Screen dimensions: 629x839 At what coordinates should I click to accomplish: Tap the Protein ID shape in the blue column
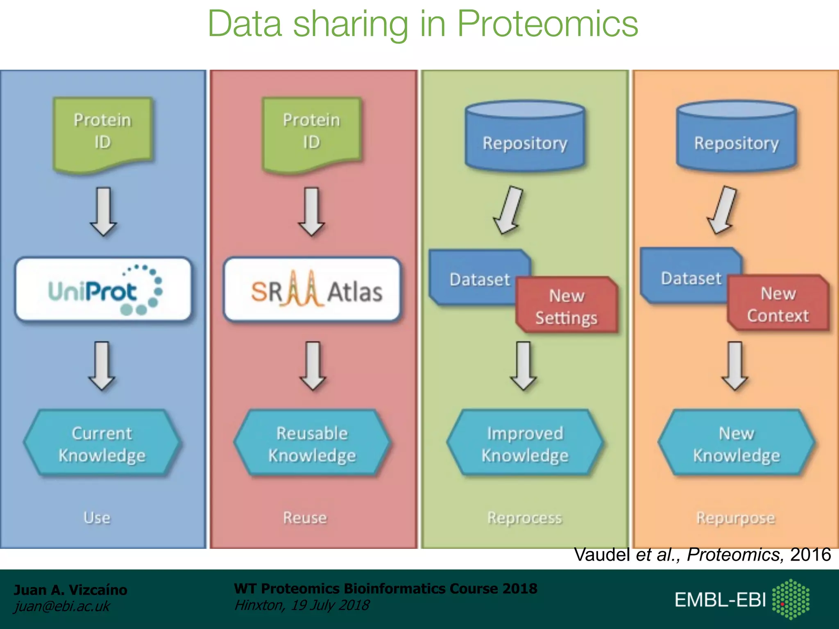(102, 132)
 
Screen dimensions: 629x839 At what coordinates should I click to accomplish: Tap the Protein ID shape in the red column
(311, 132)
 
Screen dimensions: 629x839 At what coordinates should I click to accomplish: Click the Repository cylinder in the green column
(525, 137)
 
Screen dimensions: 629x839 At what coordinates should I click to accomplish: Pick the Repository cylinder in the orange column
(736, 137)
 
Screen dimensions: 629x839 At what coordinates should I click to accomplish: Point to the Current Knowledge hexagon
(102, 443)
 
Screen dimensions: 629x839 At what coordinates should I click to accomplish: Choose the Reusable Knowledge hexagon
(312, 443)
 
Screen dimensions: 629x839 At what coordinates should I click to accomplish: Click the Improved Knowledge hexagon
(525, 443)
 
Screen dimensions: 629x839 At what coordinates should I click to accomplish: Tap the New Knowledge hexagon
(736, 443)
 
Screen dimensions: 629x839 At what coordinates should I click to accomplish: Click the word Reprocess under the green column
(524, 518)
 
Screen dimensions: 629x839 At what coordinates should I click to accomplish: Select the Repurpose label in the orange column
(736, 518)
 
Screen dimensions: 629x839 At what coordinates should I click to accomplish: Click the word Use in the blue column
(97, 518)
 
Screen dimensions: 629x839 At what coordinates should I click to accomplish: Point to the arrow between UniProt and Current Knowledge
(102, 366)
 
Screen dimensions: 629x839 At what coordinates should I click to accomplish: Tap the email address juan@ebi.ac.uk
(62, 606)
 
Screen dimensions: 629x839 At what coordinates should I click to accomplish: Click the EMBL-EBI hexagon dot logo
(790, 599)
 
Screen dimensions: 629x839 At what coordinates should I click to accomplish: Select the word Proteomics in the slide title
(547, 24)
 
